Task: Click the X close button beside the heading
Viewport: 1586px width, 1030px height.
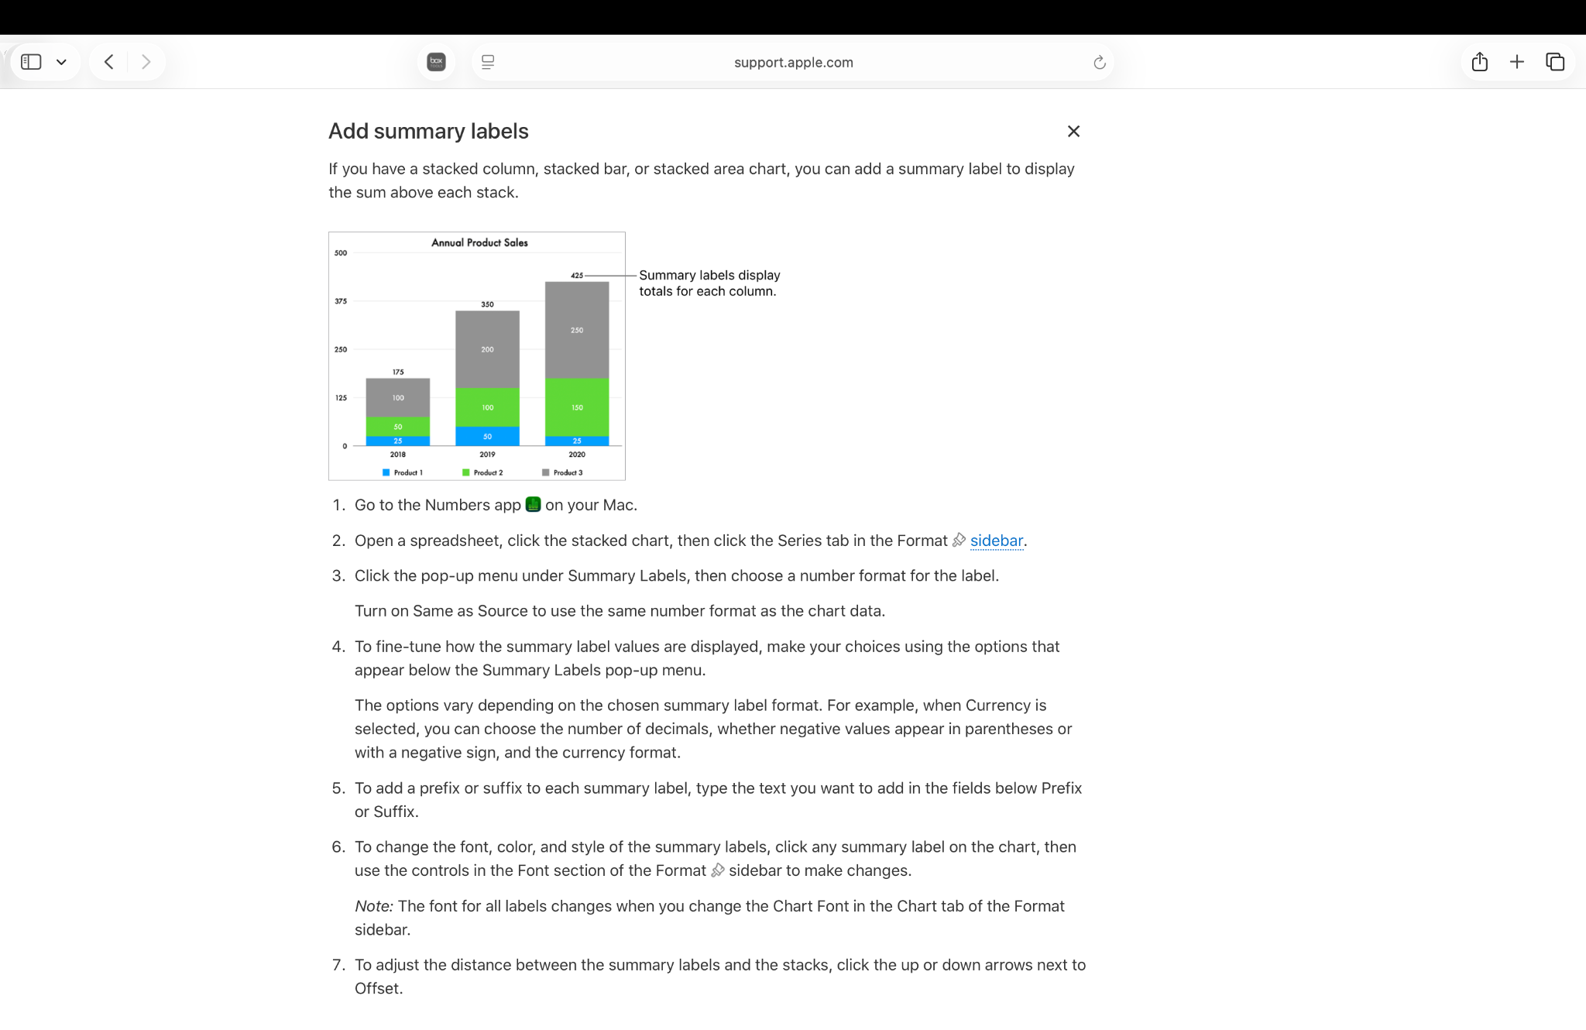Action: coord(1073,132)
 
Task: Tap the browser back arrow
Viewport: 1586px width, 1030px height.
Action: coord(109,62)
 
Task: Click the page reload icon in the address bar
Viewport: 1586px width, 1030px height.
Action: coord(1099,63)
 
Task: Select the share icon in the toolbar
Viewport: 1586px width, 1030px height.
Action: coord(1479,62)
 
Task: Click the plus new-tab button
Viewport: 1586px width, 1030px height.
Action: coord(1516,62)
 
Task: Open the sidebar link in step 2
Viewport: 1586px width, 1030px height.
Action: coord(996,541)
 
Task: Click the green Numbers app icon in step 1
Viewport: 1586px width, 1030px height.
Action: coord(533,505)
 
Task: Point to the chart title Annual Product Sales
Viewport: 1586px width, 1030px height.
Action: coord(479,242)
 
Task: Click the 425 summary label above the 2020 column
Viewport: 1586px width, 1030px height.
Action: coord(577,275)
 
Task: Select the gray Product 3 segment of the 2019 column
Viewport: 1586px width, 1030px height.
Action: coord(487,349)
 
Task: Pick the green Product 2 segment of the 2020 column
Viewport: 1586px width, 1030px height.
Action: coord(577,407)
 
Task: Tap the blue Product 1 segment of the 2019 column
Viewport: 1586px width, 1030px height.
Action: coord(487,436)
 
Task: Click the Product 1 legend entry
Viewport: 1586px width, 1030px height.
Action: coord(403,472)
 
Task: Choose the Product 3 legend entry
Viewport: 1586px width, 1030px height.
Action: coord(563,472)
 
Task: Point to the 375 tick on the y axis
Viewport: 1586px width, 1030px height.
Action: coord(341,301)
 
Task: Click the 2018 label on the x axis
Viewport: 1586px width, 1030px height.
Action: coord(398,455)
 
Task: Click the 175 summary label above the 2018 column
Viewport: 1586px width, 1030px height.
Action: coord(398,372)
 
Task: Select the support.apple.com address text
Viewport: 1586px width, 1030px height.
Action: coord(793,63)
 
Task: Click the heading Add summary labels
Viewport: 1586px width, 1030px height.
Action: coord(428,132)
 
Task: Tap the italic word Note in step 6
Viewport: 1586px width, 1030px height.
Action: coord(373,906)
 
